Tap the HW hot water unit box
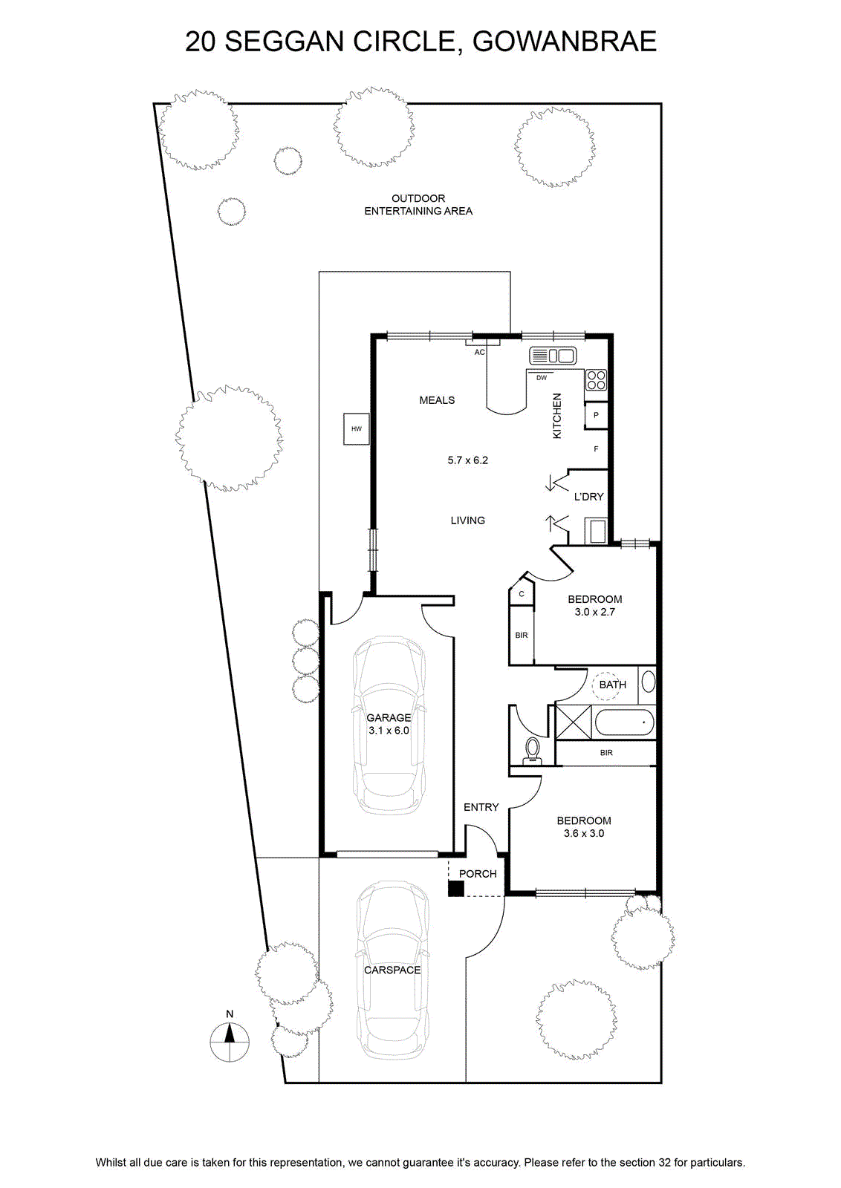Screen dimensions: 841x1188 click(x=356, y=428)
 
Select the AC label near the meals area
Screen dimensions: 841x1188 click(x=479, y=352)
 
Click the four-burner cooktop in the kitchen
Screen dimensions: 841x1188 click(x=596, y=379)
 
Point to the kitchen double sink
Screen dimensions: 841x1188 click(x=552, y=356)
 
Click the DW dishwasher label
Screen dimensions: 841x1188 click(x=541, y=378)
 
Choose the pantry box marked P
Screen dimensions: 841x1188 click(x=596, y=415)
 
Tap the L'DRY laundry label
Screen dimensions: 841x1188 click(x=589, y=497)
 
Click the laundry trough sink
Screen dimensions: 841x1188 click(x=597, y=531)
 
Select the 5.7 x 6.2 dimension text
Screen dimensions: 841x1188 click(x=467, y=460)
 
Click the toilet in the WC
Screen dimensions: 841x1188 click(x=532, y=751)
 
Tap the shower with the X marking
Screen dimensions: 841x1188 click(x=574, y=722)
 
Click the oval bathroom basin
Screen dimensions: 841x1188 click(x=649, y=682)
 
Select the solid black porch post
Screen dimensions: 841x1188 click(x=455, y=888)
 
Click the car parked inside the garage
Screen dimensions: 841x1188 click(x=389, y=725)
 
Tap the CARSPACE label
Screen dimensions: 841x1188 click(x=392, y=970)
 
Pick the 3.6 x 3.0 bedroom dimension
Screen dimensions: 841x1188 click(x=584, y=833)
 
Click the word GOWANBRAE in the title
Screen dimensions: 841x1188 click(x=565, y=42)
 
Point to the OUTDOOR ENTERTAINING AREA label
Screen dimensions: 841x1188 click(x=418, y=205)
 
